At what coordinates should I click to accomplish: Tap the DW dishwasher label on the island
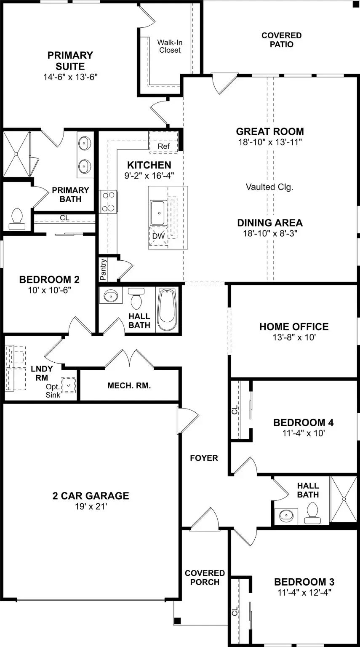[158, 236]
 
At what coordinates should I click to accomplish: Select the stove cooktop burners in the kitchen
[108, 201]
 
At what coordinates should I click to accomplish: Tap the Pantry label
[103, 270]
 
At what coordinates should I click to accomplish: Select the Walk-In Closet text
[169, 46]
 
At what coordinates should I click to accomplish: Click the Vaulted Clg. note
[269, 187]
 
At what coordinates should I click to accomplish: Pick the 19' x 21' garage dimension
[91, 507]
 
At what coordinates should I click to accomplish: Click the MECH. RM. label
[129, 385]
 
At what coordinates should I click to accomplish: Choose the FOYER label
[204, 458]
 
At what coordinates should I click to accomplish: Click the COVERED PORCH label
[205, 577]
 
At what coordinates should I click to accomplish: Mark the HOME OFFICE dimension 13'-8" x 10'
[294, 337]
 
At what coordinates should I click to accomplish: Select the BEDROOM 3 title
[304, 582]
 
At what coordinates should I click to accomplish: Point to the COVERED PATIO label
[281, 40]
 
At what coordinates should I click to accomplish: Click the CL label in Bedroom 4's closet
[235, 409]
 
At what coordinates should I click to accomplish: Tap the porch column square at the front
[178, 620]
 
